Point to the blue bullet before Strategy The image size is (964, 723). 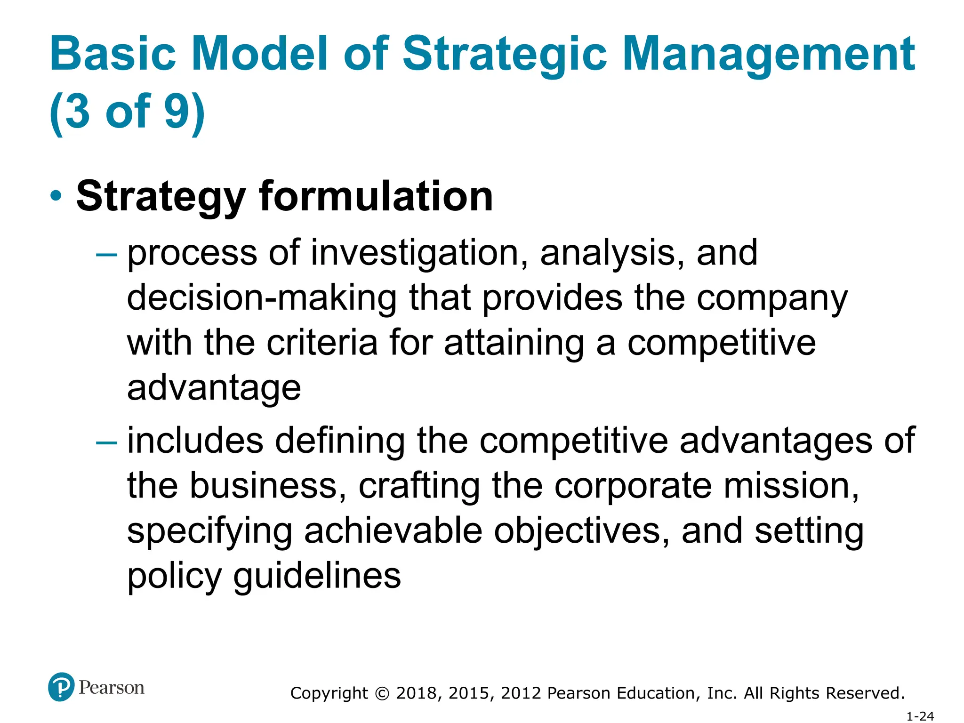56,195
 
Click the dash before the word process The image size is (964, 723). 106,255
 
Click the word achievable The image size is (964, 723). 393,530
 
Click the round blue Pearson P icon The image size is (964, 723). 61,687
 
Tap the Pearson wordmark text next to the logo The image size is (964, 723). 112,688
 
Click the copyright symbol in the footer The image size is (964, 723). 383,693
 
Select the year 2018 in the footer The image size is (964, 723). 418,693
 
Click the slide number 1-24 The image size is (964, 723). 920,716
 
